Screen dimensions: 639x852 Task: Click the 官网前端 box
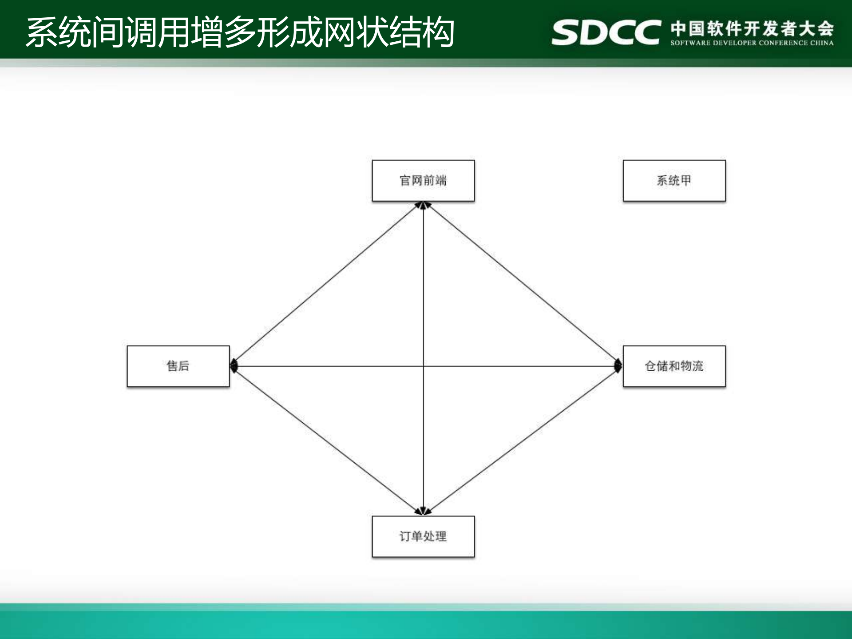[x=423, y=181]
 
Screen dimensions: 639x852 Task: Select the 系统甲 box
[x=674, y=181]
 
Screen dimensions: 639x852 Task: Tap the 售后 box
[x=178, y=366]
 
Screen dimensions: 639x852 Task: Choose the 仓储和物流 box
[x=674, y=366]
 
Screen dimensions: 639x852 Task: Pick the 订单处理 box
[x=423, y=536]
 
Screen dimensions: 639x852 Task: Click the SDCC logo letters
[x=606, y=32]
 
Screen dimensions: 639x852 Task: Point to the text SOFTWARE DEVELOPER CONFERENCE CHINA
[x=752, y=43]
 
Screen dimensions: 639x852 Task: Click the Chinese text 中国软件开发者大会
[x=752, y=28]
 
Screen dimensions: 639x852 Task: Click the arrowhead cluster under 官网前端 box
[x=423, y=205]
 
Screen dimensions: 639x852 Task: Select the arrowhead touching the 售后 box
[x=234, y=366]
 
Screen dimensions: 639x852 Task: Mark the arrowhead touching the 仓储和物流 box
[x=618, y=366]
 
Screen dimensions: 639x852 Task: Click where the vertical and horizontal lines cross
[x=423, y=366]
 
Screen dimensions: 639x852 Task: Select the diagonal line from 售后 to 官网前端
[x=328, y=284]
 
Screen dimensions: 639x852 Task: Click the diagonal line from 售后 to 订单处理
[x=328, y=440]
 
